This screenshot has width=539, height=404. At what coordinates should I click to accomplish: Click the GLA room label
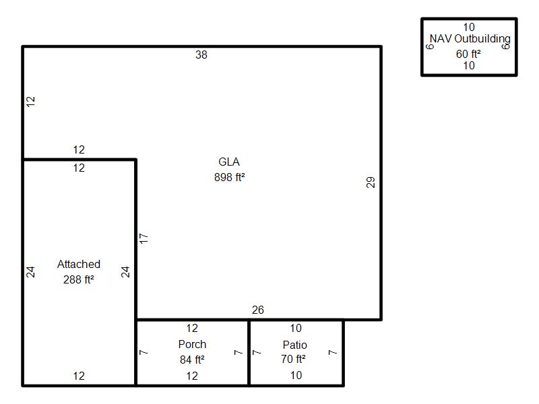point(229,162)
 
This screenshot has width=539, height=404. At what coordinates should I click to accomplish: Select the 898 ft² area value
point(229,177)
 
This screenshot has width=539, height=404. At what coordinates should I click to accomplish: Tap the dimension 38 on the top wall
point(201,55)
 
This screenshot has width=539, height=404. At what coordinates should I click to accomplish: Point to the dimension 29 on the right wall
point(370,182)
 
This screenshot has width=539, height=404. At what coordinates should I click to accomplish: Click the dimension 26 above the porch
point(258,310)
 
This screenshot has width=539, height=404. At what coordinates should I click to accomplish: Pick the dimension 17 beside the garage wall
point(144,238)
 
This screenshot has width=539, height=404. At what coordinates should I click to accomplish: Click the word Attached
point(79,264)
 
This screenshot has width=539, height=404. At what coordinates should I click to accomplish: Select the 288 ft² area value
point(78,279)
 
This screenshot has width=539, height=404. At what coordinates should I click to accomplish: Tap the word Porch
point(192,344)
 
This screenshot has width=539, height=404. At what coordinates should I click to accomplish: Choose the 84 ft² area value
point(192,360)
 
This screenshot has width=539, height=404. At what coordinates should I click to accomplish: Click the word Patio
point(295,345)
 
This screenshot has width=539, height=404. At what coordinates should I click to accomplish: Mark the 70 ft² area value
point(293,359)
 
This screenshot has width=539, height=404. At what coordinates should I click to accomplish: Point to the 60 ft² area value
point(468,54)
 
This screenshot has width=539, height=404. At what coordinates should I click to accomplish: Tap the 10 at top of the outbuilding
point(469,27)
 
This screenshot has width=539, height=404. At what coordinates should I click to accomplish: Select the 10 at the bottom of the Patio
point(296,375)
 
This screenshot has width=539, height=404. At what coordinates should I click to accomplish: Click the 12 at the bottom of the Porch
point(192,376)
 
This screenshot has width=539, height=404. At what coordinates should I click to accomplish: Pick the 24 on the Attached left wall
point(30,272)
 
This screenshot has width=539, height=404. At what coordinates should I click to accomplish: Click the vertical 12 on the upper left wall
point(30,102)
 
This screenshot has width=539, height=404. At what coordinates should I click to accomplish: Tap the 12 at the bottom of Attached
point(79,376)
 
